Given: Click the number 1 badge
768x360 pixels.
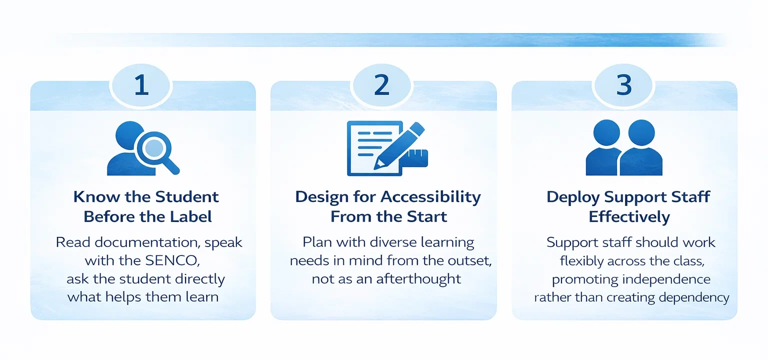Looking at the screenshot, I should pyautogui.click(x=142, y=85).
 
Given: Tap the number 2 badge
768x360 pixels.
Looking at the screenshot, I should pyautogui.click(x=382, y=85).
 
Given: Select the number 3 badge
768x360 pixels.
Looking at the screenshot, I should pyautogui.click(x=623, y=85).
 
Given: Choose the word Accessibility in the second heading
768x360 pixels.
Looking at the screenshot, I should pyautogui.click(x=430, y=196).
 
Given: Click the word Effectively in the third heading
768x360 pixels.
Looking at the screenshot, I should pyautogui.click(x=629, y=216).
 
